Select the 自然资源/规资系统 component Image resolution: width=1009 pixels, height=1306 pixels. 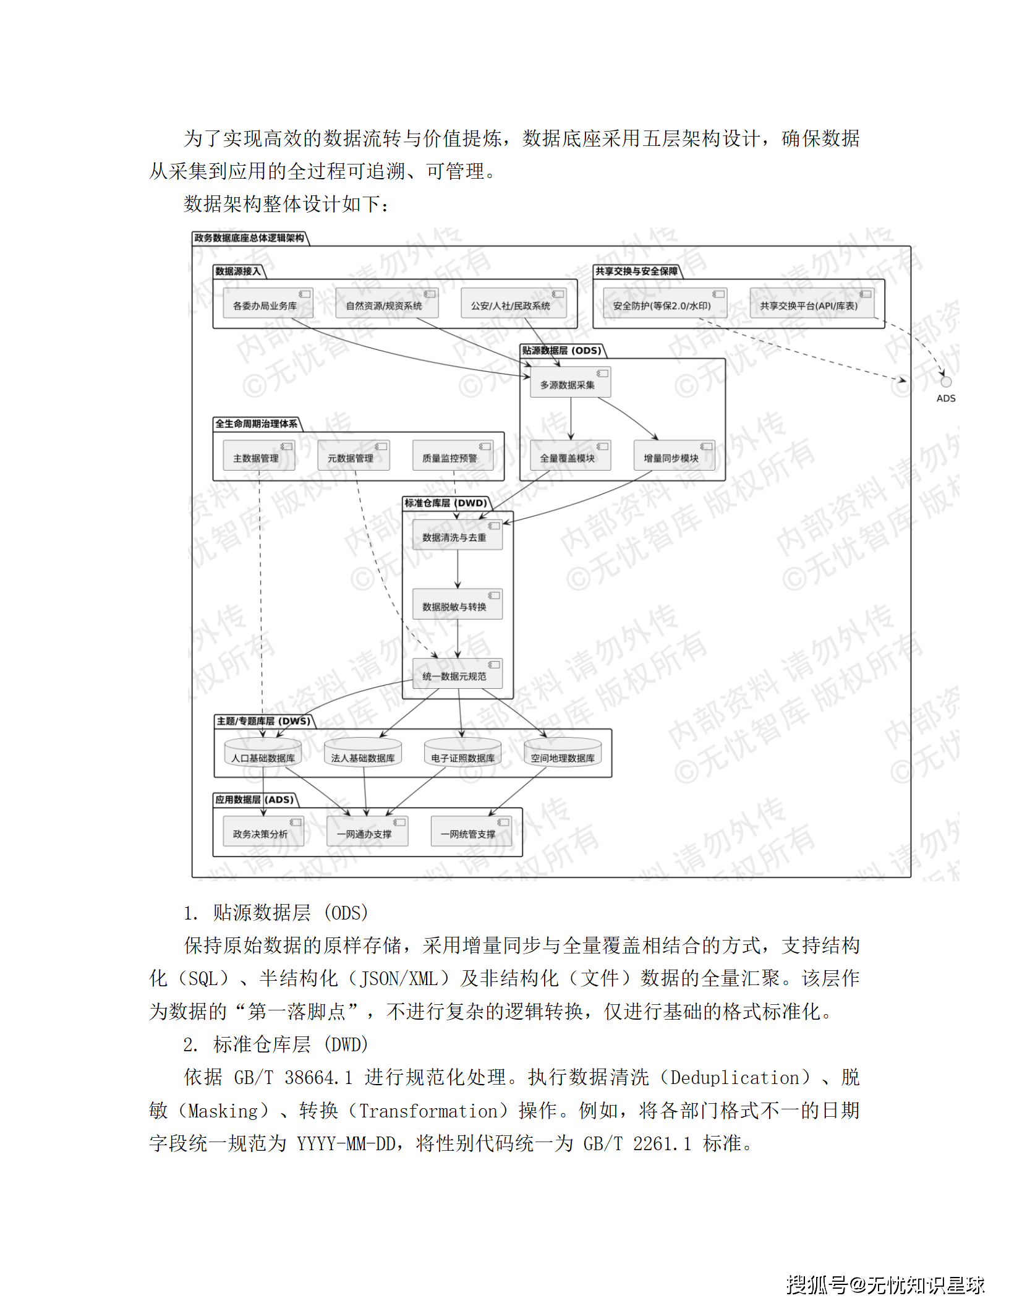tap(386, 303)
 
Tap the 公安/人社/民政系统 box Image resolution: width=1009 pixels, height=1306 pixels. tap(513, 303)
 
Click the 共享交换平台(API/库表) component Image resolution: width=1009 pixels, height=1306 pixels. tap(811, 303)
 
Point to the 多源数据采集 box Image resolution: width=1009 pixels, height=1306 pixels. tap(570, 382)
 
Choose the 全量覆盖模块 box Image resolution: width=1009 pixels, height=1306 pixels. tap(570, 456)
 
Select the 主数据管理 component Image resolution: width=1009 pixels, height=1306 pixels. tap(258, 456)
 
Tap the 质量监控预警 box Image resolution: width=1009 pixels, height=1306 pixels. tap(453, 456)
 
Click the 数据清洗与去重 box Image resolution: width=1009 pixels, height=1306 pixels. tap(457, 535)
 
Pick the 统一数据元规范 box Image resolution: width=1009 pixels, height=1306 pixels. tap(457, 674)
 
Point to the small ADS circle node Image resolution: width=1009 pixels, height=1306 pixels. tap(945, 382)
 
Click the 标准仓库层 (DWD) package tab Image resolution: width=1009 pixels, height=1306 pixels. tap(446, 503)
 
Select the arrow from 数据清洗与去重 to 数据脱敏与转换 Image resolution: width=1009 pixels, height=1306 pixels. tap(458, 569)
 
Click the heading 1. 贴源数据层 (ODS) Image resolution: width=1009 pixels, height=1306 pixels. tap(276, 913)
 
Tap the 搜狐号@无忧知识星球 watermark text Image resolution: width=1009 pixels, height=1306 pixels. tap(885, 1285)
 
